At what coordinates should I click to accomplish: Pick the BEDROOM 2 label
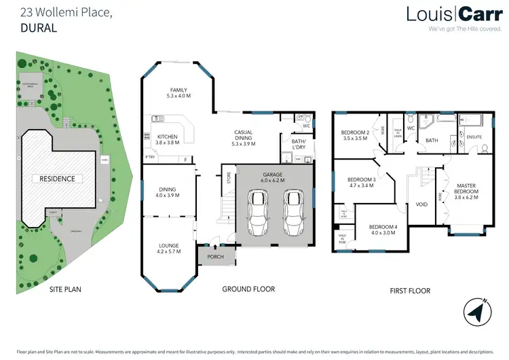[x=356, y=132]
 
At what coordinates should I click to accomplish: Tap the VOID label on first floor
[x=421, y=204]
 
